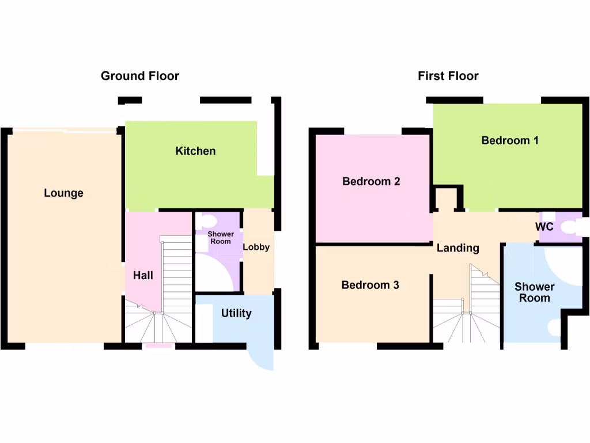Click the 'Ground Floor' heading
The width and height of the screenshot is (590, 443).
click(140, 76)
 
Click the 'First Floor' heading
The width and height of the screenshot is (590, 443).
click(448, 76)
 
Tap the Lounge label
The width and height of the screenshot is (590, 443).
click(63, 193)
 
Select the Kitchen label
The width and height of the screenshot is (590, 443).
click(195, 151)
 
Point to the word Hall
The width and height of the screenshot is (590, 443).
click(143, 275)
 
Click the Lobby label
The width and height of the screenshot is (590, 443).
click(256, 247)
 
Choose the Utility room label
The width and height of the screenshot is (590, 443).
click(236, 313)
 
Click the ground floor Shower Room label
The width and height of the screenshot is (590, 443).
click(220, 238)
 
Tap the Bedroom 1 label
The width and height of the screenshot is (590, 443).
click(510, 140)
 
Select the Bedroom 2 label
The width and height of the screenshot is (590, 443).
click(371, 181)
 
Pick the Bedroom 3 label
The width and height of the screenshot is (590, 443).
click(370, 285)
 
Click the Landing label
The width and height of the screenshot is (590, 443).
click(457, 248)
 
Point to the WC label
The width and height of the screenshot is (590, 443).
click(544, 227)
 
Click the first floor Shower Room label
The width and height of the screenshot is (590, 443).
click(534, 292)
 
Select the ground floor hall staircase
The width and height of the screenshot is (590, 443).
click(176, 277)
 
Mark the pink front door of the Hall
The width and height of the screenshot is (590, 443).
click(158, 346)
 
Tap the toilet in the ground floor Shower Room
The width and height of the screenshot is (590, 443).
click(209, 220)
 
